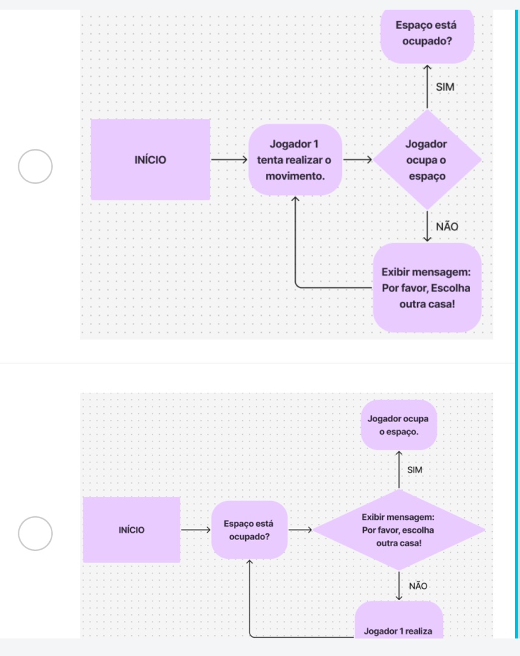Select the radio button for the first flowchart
34,166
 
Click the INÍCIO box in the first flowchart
150,160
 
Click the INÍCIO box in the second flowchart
132,530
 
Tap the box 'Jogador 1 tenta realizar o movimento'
295,160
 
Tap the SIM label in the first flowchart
445,87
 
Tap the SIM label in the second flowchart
414,470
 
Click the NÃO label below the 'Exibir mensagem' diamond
418,586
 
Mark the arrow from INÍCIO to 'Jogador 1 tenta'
228,161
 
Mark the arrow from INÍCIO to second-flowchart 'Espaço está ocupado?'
195,530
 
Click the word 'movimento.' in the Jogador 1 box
295,176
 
